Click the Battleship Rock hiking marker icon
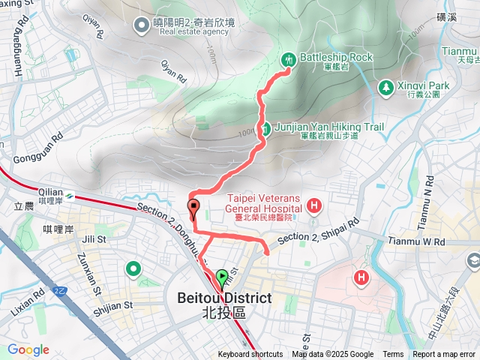tap(289, 58)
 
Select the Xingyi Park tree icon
tap(385, 87)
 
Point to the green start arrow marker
tap(222, 278)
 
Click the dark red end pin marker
tap(193, 207)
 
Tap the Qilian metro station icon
tap(69, 196)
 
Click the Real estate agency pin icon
tap(140, 25)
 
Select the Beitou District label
tap(223, 298)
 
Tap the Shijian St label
tap(113, 305)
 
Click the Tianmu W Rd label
tap(418, 241)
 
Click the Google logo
tap(28, 349)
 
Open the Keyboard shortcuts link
tap(250, 355)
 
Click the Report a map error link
tap(444, 355)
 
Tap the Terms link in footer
tap(393, 355)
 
